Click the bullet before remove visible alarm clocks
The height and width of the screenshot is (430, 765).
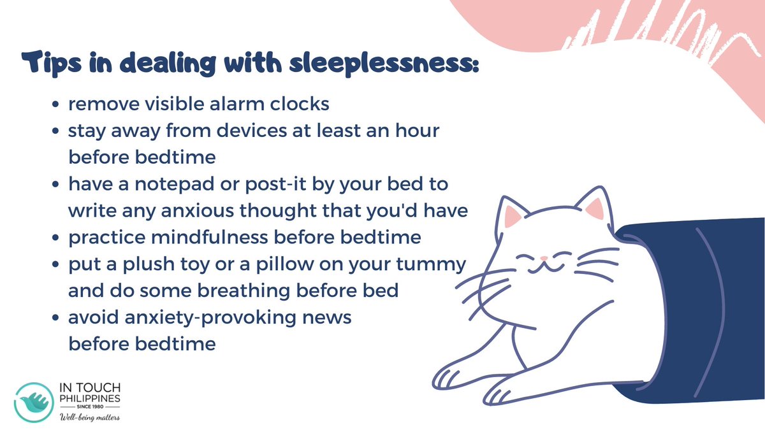click(57, 104)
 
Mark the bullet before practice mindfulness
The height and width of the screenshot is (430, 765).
click(57, 238)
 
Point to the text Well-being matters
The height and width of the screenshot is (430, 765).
click(89, 417)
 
